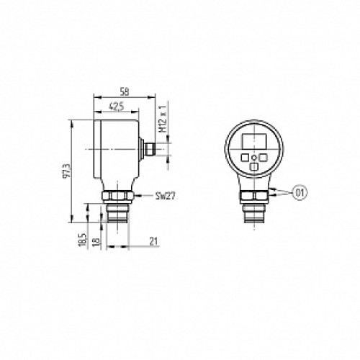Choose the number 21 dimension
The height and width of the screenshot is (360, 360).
click(154, 242)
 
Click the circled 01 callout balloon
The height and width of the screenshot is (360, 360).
click(300, 192)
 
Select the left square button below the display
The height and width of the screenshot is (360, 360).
click(245, 156)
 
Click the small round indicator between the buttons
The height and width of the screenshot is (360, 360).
click(253, 156)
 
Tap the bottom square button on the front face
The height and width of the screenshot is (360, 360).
click(253, 166)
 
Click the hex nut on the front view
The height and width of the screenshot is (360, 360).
click(253, 196)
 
